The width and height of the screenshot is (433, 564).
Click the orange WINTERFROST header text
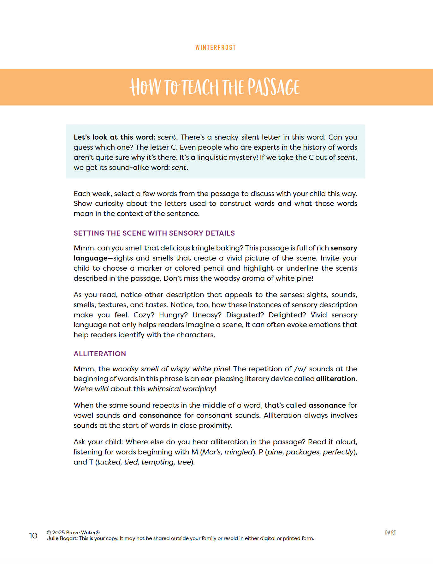coord(216,48)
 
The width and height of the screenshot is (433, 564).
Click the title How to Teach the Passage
coord(215,87)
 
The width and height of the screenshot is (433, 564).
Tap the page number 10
coord(33,536)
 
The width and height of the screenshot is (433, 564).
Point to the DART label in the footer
coord(390,532)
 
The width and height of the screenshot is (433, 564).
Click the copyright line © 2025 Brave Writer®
coord(73,532)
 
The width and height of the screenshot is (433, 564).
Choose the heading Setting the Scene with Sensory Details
coord(154,233)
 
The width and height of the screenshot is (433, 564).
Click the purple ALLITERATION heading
coord(100,354)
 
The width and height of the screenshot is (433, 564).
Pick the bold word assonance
coord(327,405)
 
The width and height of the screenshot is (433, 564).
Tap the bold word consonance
coord(160,415)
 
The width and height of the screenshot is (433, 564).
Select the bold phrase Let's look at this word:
coord(114,137)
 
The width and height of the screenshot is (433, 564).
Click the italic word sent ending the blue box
coord(179,167)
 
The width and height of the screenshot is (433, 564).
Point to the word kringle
coord(202,248)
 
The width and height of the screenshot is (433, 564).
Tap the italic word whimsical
coord(164,389)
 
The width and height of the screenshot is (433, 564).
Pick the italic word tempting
coord(157,462)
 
